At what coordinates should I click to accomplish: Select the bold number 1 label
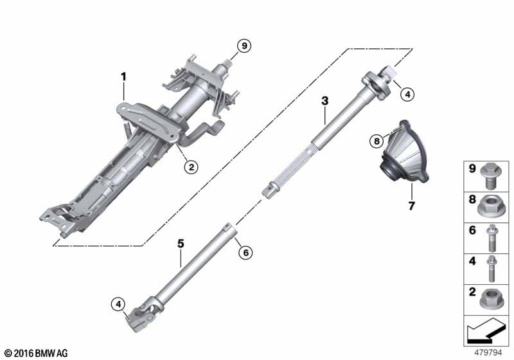point(123,77)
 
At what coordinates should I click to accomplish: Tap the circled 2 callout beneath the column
point(191,167)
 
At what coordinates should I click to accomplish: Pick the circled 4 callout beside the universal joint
point(118,303)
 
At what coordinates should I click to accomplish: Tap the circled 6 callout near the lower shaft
point(244,253)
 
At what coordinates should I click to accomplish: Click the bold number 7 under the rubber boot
point(411,206)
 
